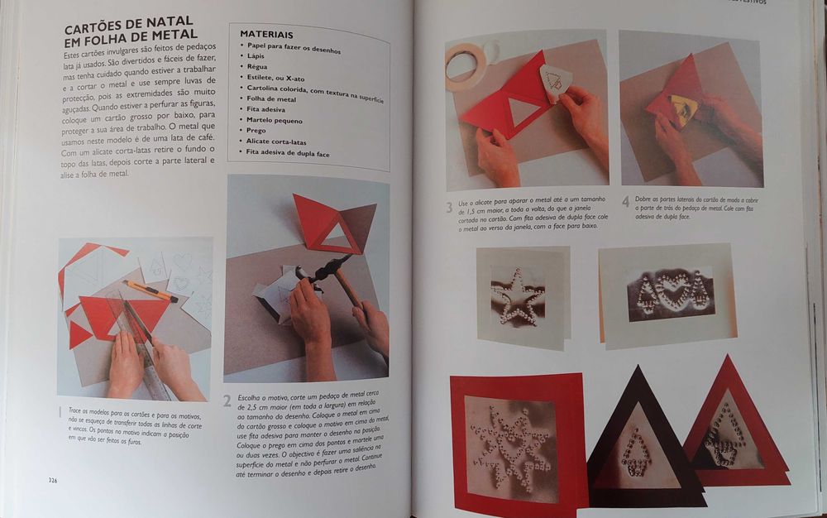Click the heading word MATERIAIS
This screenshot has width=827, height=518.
(x=265, y=35)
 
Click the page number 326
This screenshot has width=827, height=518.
(x=52, y=481)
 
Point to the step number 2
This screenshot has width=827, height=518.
(x=227, y=401)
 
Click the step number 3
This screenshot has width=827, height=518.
(x=449, y=208)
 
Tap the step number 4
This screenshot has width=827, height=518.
(x=625, y=201)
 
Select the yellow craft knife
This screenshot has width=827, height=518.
(x=150, y=290)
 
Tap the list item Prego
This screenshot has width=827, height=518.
(x=256, y=130)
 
